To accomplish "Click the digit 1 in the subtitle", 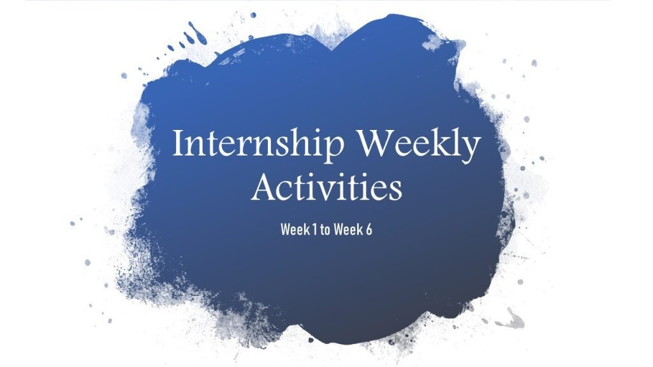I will pos(314,229).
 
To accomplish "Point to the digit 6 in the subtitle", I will pos(369,229).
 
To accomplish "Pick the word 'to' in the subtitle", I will pos(325,229).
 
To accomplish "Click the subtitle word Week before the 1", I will pos(295,229).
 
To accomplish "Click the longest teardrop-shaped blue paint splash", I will pos(192,32).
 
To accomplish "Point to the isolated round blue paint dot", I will pos(253,14).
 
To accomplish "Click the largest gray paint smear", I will pos(511,317).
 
